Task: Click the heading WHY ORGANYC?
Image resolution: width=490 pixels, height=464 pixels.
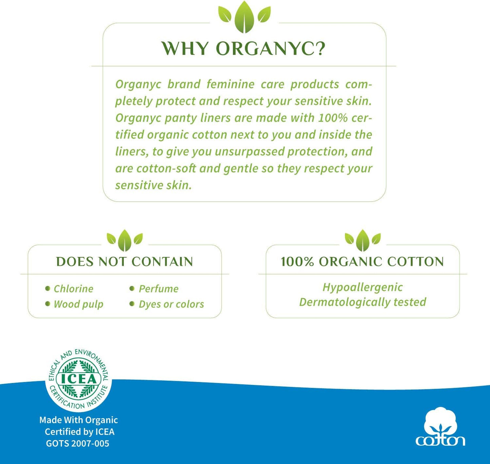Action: (x=243, y=48)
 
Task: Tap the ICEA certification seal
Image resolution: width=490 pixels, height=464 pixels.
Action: (x=79, y=379)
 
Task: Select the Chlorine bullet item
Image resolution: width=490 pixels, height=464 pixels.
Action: (x=73, y=289)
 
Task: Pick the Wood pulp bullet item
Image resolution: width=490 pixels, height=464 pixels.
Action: (x=78, y=304)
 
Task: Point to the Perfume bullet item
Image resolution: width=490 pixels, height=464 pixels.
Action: (x=158, y=289)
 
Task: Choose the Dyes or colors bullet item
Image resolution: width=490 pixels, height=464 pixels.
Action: (x=171, y=304)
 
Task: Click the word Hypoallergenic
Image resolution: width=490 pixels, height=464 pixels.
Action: (x=362, y=287)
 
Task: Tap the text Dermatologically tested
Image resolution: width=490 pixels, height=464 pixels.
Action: (x=362, y=302)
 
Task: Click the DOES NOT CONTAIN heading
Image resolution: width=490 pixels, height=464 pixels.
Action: (x=124, y=262)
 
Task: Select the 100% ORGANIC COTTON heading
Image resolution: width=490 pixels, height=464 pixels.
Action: (x=362, y=262)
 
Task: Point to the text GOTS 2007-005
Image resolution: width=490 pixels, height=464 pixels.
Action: (x=78, y=443)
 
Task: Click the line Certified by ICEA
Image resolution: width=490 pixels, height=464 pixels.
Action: (x=80, y=432)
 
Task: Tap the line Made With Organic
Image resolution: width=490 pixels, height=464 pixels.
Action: (x=79, y=420)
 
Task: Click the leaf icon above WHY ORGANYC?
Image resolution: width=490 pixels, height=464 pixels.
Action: (x=244, y=17)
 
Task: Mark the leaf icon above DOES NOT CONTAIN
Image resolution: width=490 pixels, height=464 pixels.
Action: (x=124, y=240)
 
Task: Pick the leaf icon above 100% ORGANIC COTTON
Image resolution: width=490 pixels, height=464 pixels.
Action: (x=362, y=240)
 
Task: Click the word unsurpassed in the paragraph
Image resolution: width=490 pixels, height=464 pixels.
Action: (x=251, y=152)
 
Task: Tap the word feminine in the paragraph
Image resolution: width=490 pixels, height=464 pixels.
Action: (x=231, y=84)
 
